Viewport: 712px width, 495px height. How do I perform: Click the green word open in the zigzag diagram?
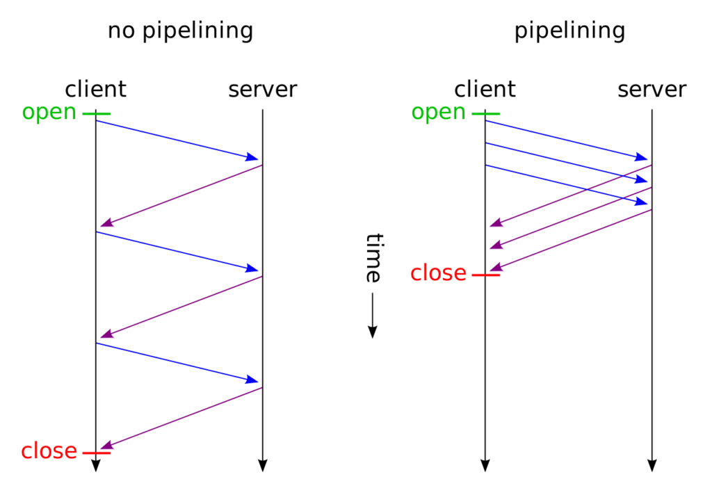49,113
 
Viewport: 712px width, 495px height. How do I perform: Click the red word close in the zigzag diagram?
49,451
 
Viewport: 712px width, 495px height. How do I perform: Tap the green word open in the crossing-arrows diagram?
438,113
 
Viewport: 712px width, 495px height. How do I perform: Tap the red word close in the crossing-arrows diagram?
438,273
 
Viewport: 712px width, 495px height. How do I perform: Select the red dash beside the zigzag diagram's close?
97,453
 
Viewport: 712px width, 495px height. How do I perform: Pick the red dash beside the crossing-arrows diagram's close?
486,275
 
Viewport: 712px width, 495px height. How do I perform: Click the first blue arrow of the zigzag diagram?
178,140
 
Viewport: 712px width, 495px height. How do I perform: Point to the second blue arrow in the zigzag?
178,251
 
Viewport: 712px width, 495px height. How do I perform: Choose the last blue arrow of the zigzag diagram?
178,362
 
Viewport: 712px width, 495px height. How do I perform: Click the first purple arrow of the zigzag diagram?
181,195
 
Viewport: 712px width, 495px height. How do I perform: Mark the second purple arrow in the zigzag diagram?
181,307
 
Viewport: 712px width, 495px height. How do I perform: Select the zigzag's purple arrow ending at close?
181,418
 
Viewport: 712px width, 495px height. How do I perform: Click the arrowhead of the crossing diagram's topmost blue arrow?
643,158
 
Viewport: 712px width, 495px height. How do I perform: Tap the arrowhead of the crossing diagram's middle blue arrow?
643,180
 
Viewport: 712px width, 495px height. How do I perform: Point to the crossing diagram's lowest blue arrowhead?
643,202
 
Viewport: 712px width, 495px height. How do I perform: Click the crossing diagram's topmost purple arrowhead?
495,224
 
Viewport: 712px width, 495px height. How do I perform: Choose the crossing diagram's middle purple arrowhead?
495,246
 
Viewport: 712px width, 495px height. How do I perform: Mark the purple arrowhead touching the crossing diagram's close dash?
495,268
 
